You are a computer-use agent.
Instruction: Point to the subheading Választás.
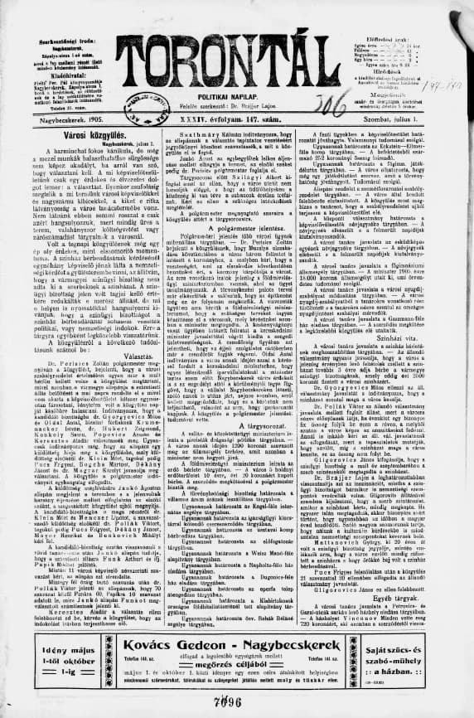click(85, 386)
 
